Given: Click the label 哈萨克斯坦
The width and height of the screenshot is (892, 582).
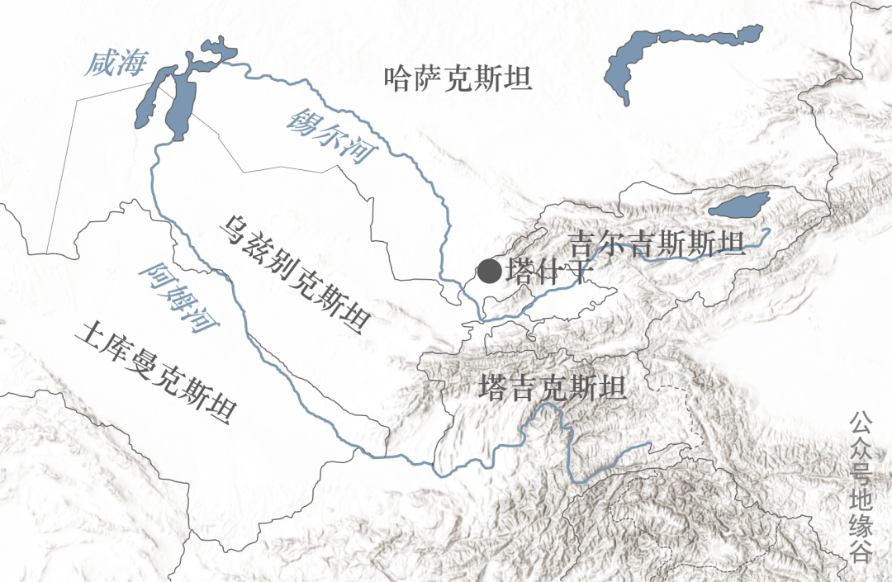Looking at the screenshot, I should [x=458, y=78].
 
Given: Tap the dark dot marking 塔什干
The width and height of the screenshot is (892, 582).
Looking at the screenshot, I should [x=489, y=271].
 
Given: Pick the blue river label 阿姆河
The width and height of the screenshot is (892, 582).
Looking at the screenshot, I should [x=179, y=297].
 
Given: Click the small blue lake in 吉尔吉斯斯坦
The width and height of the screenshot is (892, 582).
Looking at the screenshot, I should [x=738, y=203].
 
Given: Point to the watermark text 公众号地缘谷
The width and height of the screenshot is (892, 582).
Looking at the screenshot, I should [x=861, y=487].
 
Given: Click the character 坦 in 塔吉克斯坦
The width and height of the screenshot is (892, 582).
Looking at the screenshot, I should [x=612, y=389].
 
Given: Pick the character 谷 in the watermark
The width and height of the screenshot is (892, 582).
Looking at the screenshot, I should [x=861, y=551].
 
